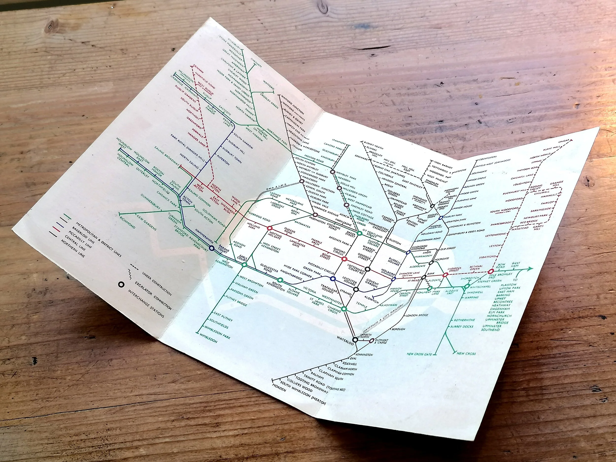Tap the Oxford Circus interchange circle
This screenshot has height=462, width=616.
click(344, 259)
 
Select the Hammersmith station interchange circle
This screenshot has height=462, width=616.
click(212, 248)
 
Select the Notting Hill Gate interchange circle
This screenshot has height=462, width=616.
click(269, 228)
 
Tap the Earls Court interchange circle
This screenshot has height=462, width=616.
click(244, 265)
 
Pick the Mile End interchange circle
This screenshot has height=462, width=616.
click(491, 271)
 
